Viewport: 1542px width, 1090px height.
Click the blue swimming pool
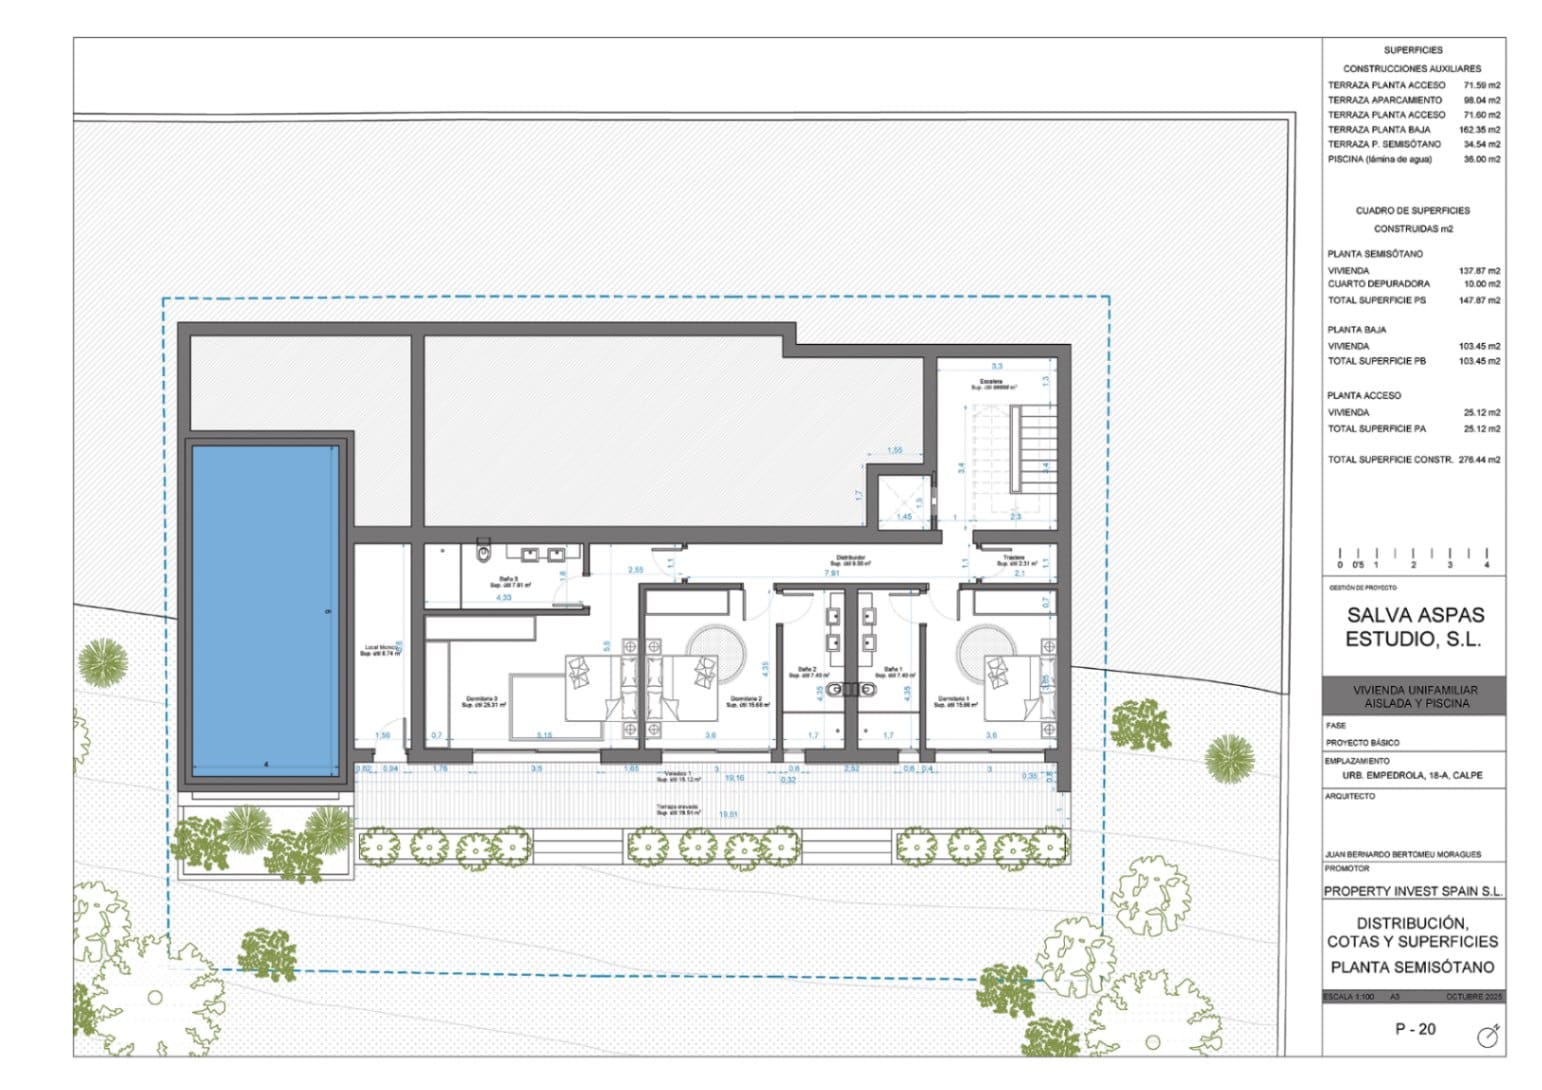[x=265, y=610]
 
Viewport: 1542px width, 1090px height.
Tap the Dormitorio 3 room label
[x=483, y=701]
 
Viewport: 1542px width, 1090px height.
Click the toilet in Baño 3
[x=485, y=549]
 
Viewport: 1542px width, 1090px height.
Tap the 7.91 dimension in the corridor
[x=831, y=573]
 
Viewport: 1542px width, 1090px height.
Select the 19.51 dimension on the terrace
[x=729, y=815]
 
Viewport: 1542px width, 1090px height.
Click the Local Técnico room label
[x=381, y=650]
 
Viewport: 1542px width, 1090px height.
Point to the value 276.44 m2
[x=1479, y=460]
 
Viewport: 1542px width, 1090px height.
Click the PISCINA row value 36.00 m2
[x=1481, y=159]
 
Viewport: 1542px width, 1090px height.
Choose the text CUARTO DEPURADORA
[x=1378, y=284]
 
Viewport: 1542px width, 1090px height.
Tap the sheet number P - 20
[x=1415, y=1029]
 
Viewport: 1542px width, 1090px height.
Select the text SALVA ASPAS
[x=1414, y=615]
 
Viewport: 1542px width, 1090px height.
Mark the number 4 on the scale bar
[x=1487, y=565]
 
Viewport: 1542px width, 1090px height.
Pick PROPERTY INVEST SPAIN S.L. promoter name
[x=1413, y=891]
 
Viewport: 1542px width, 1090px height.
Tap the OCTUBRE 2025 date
[x=1473, y=997]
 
